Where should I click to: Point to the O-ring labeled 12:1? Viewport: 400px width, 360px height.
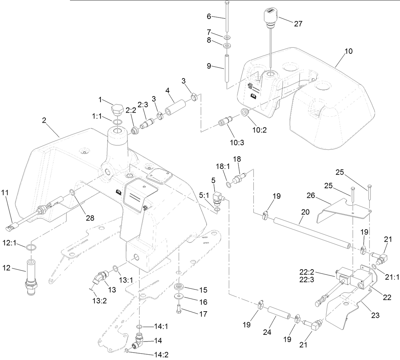point(31,247)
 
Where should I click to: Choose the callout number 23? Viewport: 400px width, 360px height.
point(375,315)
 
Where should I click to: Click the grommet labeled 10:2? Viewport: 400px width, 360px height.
point(245,112)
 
